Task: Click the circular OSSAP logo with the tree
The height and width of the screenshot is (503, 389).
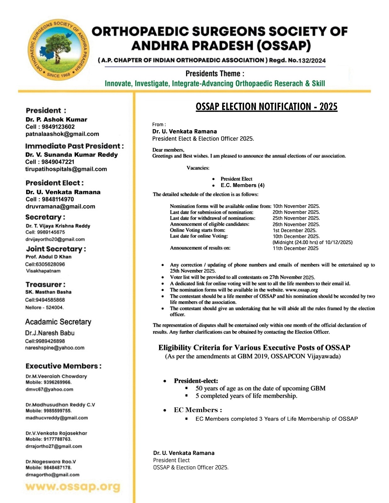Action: pyautogui.click(x=59, y=50)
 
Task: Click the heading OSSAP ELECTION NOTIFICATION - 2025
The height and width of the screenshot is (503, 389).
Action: pyautogui.click(x=266, y=107)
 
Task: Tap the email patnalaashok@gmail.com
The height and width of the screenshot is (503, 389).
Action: pyautogui.click(x=62, y=134)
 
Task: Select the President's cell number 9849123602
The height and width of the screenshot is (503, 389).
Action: pyautogui.click(x=58, y=127)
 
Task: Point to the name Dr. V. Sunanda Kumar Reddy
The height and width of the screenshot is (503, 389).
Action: pyautogui.click(x=72, y=155)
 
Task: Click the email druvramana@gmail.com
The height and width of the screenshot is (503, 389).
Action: pyautogui.click(x=60, y=207)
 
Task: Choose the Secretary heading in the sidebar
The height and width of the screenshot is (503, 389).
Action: pyautogui.click(x=45, y=217)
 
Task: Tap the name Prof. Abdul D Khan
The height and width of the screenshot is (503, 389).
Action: pyautogui.click(x=48, y=257)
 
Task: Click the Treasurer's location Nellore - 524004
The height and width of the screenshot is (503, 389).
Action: pyautogui.click(x=45, y=307)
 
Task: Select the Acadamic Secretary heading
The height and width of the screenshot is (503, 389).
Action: pyautogui.click(x=58, y=322)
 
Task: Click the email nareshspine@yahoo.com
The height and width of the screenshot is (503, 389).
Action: pyautogui.click(x=55, y=348)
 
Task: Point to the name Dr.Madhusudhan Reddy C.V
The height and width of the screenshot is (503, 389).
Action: pyautogui.click(x=60, y=405)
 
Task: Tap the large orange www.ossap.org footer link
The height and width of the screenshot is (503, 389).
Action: pyautogui.click(x=73, y=487)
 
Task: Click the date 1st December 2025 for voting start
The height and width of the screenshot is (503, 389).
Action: pyautogui.click(x=295, y=230)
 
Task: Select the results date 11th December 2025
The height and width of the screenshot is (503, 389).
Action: pyautogui.click(x=296, y=248)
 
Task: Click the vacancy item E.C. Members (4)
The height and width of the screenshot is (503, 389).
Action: pyautogui.click(x=242, y=185)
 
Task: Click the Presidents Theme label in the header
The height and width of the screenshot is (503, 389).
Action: pyautogui.click(x=215, y=74)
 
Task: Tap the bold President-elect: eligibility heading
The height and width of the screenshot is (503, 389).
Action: pyautogui.click(x=196, y=381)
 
